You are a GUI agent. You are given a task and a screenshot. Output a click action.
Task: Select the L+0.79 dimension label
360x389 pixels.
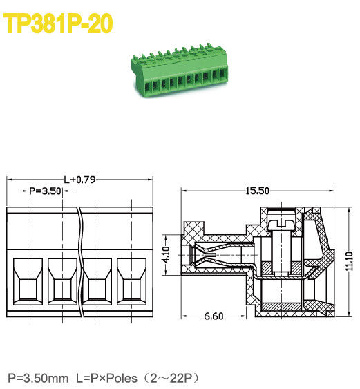(x=79, y=180)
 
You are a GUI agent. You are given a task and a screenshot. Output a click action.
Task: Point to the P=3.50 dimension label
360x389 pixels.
(x=46, y=190)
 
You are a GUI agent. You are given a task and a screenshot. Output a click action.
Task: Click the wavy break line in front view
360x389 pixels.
(x=81, y=263)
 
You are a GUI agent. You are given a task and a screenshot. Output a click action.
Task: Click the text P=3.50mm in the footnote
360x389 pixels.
(x=37, y=378)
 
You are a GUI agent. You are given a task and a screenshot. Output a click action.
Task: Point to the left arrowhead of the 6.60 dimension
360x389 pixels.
(x=184, y=318)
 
